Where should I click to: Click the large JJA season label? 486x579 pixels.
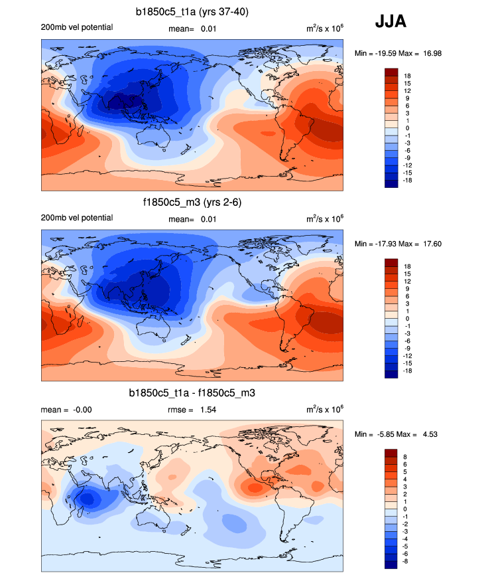pyautogui.click(x=391, y=22)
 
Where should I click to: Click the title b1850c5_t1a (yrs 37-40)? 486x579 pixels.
pyautogui.click(x=192, y=12)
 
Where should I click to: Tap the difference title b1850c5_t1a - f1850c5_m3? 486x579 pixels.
pyautogui.click(x=192, y=394)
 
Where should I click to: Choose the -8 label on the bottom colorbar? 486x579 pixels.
pyautogui.click(x=406, y=561)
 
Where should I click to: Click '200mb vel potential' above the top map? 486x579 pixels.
pyautogui.click(x=76, y=27)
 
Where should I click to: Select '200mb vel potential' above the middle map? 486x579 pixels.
pyautogui.click(x=76, y=218)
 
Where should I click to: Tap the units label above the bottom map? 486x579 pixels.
pyautogui.click(x=324, y=409)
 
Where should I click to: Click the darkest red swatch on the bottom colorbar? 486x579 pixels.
pyautogui.click(x=391, y=454)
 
